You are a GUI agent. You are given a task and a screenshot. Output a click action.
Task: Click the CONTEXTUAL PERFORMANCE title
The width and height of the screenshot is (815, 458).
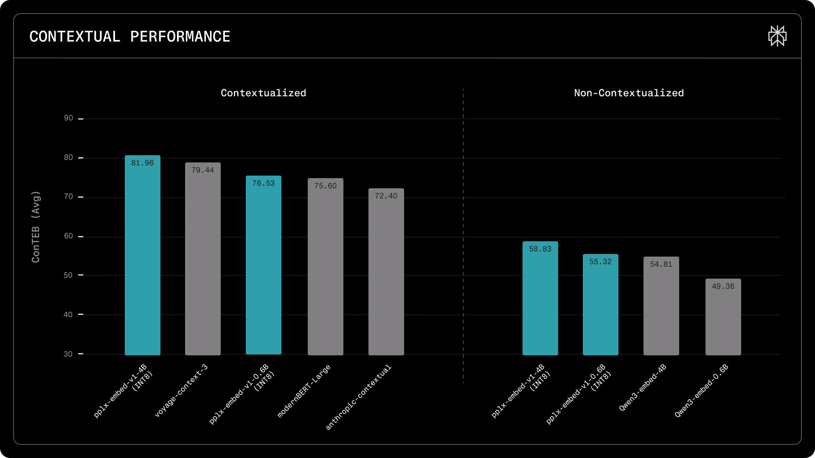point(129,37)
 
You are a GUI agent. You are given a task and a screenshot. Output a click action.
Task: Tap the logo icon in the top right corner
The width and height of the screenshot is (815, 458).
point(777,36)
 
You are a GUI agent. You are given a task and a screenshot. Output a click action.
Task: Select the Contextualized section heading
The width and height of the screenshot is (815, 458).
point(263,93)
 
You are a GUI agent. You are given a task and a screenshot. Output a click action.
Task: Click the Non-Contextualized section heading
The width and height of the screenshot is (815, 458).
point(629,93)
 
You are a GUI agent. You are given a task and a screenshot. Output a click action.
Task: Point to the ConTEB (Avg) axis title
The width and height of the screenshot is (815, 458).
point(36,227)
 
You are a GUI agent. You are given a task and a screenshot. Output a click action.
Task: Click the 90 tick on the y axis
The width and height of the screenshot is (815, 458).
point(68,118)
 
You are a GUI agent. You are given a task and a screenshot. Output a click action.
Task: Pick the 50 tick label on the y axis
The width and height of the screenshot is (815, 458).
point(68,275)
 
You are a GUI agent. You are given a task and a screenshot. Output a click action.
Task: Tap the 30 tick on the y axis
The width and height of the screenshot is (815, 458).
point(68,354)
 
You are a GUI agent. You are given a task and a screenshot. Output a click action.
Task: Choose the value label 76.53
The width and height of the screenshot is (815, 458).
point(263,183)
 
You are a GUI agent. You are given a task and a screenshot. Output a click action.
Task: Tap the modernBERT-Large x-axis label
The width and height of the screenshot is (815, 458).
point(304,391)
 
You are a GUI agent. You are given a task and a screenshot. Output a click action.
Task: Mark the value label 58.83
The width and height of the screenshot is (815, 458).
point(540,249)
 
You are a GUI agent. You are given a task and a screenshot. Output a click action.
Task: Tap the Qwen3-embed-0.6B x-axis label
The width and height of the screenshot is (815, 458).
point(701,391)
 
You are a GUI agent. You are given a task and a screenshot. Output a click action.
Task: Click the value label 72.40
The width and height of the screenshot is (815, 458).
point(386,196)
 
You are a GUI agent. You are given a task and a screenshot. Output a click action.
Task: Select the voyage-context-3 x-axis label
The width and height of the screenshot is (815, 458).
point(181,391)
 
